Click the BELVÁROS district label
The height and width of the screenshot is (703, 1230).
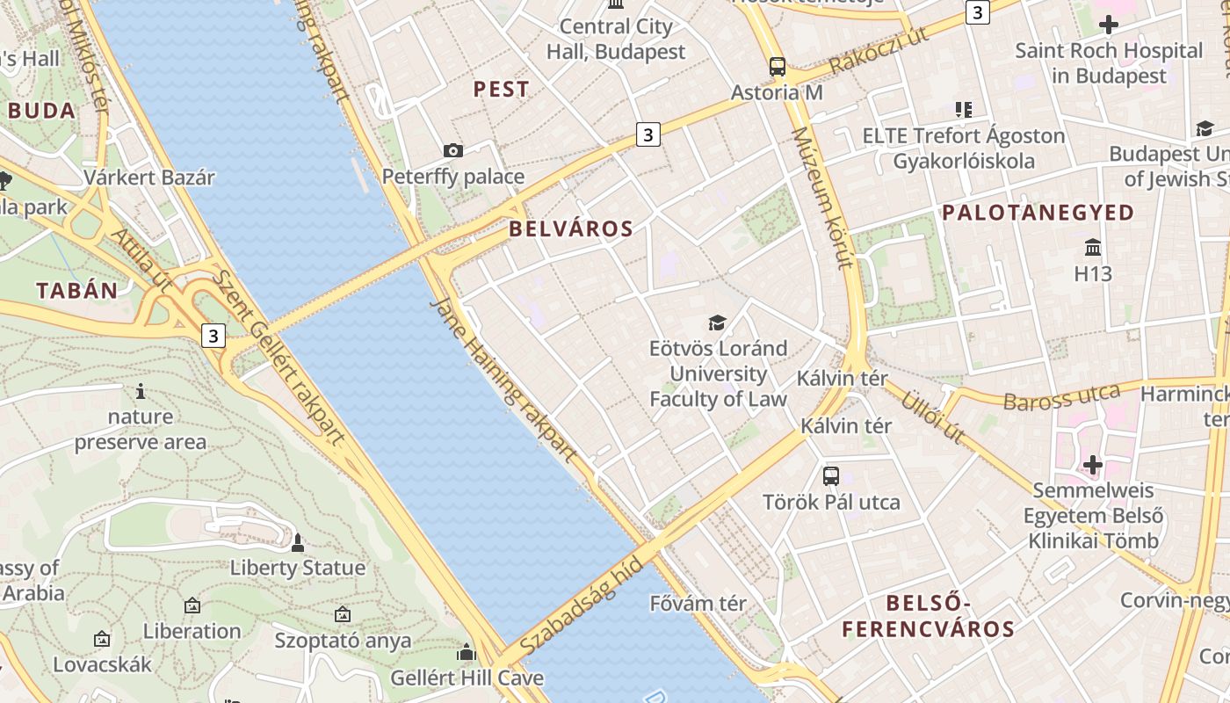click(x=571, y=229)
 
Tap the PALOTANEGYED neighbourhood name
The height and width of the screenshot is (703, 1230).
click(x=1038, y=212)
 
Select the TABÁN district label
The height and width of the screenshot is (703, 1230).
click(x=76, y=291)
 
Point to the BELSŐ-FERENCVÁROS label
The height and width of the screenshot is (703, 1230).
click(x=929, y=616)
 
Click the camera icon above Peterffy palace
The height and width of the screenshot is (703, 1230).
click(x=453, y=151)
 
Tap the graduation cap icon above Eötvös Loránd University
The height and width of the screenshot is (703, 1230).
click(x=718, y=323)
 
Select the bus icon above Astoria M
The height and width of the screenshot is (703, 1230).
click(x=778, y=66)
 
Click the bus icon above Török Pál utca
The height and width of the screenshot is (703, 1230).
click(x=831, y=476)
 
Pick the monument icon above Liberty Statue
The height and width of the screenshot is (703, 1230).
click(x=298, y=543)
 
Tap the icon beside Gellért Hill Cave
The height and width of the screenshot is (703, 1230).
click(x=467, y=652)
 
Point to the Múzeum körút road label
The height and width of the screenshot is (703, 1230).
click(x=823, y=197)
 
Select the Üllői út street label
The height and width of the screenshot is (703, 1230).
click(x=933, y=417)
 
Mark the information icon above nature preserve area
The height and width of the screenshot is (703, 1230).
click(x=140, y=391)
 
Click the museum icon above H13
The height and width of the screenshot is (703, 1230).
click(x=1093, y=247)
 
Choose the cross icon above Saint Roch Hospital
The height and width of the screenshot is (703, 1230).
click(x=1109, y=25)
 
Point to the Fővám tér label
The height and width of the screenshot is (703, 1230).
click(x=698, y=604)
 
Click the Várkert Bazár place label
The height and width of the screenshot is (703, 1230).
click(x=149, y=177)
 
